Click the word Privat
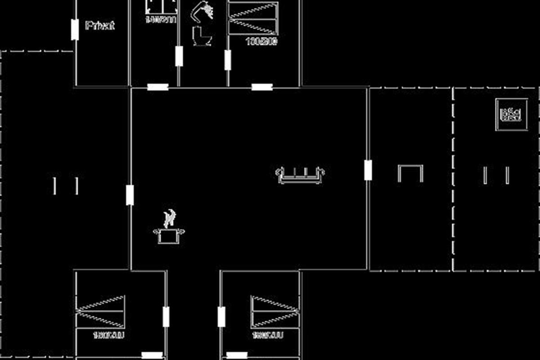pyautogui.click(x=99, y=26)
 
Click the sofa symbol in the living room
pyautogui.click(x=300, y=175)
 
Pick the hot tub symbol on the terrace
pyautogui.click(x=512, y=114)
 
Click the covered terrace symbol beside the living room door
pyautogui.click(x=410, y=173)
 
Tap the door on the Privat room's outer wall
pyautogui.click(x=75, y=30)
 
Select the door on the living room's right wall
pyautogui.click(x=368, y=170)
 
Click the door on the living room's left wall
pyautogui.click(x=130, y=195)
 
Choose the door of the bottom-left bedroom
pyautogui.click(x=166, y=316)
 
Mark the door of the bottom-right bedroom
pyautogui.click(x=221, y=316)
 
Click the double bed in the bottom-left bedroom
pyautogui.click(x=101, y=311)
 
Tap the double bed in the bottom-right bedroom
pyautogui.click(x=274, y=311)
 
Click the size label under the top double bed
pyautogui.click(x=261, y=42)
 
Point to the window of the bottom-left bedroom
pyautogui.click(x=152, y=355)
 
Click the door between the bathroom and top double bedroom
pyautogui.click(x=228, y=60)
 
